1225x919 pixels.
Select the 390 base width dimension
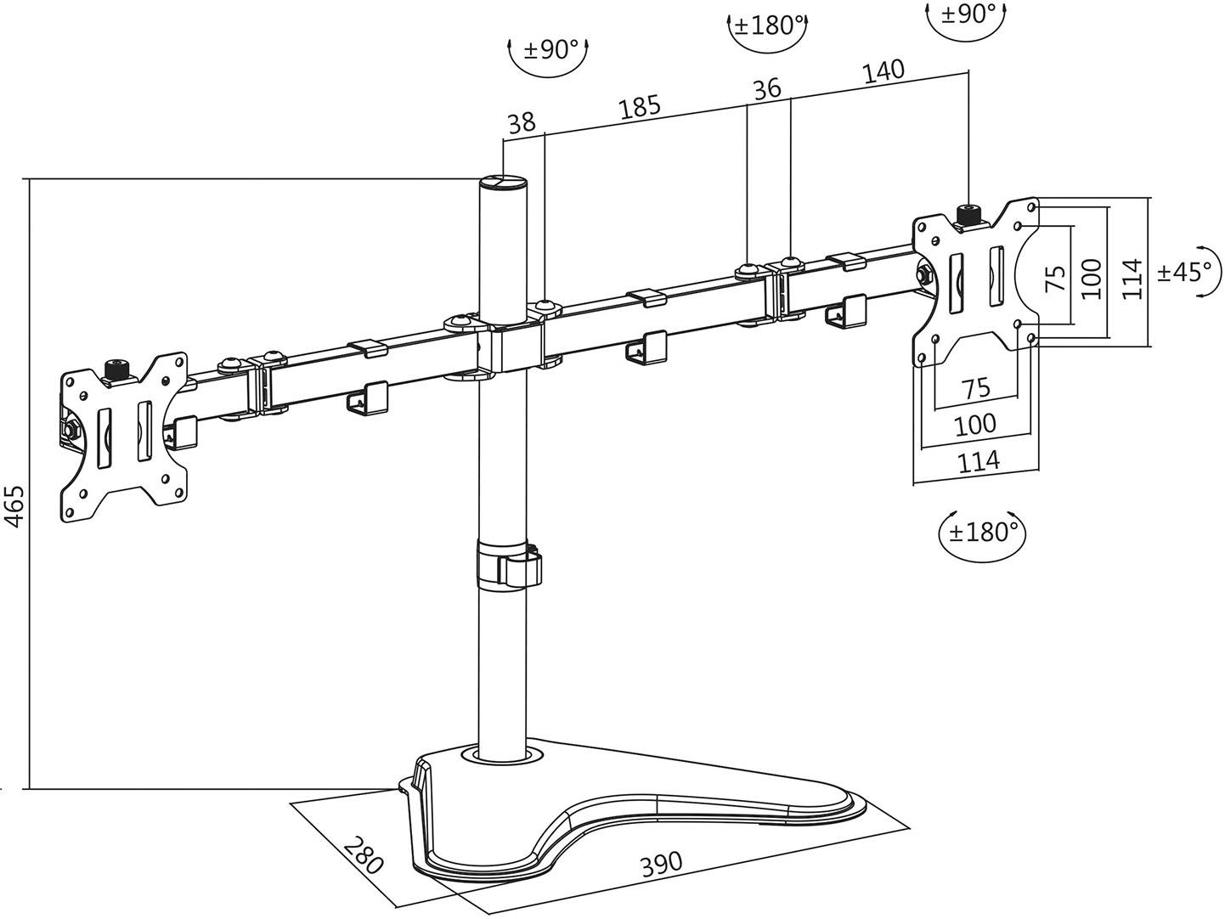660,864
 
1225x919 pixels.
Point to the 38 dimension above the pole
521,124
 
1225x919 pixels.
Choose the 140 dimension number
883,72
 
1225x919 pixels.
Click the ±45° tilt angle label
1185,273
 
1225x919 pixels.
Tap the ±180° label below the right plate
983,533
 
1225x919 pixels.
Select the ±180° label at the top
768,25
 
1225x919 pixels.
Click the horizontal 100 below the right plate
975,424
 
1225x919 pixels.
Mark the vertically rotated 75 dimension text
1054,278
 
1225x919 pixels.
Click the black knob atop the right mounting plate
968,212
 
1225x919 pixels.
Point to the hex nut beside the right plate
923,274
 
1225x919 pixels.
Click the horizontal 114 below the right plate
978,461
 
